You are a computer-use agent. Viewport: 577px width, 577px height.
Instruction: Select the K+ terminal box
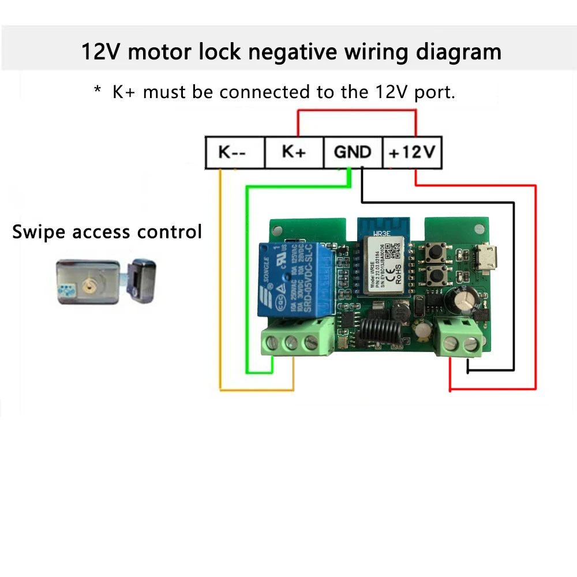(x=294, y=152)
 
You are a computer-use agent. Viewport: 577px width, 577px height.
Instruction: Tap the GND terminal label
(x=353, y=152)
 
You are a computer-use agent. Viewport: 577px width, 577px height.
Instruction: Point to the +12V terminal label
(x=412, y=152)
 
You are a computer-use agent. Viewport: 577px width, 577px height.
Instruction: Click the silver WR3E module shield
(x=385, y=265)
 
